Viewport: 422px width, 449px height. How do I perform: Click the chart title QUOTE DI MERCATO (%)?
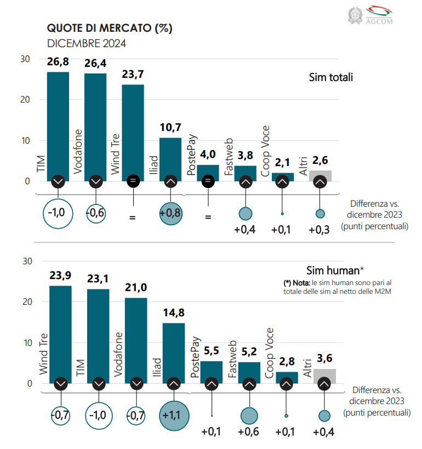tap(110, 29)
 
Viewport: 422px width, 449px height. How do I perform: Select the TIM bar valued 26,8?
tap(58, 123)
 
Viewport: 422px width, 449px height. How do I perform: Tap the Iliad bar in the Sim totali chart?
tap(170, 156)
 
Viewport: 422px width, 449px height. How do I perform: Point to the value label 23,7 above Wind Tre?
tap(133, 75)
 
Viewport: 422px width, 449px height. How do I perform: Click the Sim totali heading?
tap(330, 77)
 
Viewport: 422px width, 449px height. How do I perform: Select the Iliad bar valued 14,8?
tap(174, 351)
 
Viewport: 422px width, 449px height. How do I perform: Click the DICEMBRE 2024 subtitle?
tap(87, 44)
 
